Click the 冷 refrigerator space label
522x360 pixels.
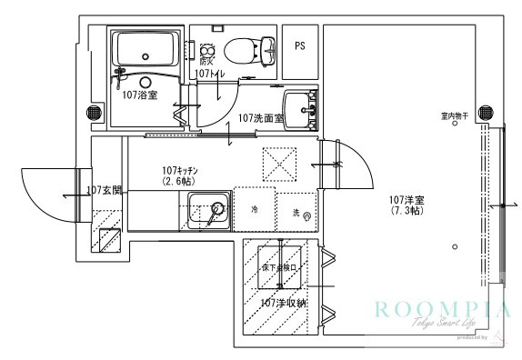coord(255,209)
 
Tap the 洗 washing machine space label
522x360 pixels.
coord(297,212)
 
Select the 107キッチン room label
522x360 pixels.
coord(180,170)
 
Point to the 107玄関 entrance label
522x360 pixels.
coord(104,191)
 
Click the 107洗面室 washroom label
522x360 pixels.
coord(261,118)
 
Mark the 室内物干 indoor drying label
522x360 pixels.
coord(454,116)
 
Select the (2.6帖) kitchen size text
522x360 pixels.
coord(179,182)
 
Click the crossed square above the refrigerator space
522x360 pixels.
coord(280,164)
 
